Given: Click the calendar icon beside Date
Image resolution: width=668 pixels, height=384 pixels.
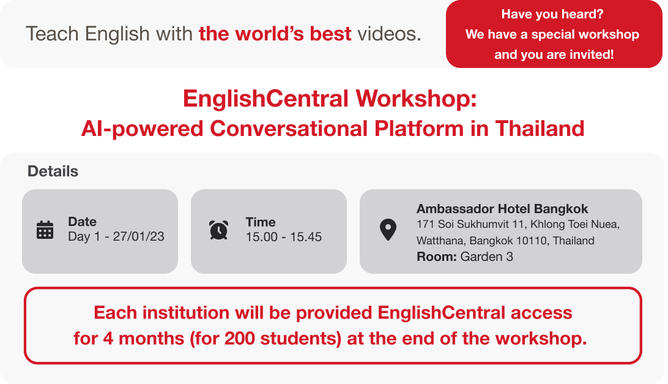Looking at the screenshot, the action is [x=45, y=230].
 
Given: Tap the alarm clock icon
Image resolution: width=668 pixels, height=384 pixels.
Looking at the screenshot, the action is [x=218, y=230].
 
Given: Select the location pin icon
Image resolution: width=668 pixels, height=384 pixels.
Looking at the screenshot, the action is [x=388, y=230].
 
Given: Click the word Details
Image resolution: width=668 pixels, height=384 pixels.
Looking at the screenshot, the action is [x=53, y=171].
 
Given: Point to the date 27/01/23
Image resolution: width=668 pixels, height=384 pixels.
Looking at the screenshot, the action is [x=138, y=236].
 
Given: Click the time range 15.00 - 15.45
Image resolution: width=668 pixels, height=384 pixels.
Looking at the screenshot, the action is [x=284, y=237].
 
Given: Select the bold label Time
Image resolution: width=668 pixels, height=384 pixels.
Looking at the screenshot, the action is [x=261, y=222].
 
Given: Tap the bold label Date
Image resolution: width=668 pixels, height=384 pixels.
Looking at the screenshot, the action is [x=82, y=222].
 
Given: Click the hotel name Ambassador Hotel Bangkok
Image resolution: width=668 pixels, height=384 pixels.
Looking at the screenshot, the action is [x=502, y=209].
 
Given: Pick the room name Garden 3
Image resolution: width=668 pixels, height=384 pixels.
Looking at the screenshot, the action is [x=486, y=257].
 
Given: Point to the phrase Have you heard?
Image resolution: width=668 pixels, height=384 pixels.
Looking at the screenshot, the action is [x=552, y=14].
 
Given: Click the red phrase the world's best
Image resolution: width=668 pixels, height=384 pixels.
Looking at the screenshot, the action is [x=275, y=34].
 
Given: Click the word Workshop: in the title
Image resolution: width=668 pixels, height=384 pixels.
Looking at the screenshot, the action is [x=416, y=99].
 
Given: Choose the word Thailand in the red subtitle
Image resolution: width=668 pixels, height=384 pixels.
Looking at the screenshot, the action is [x=540, y=129].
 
